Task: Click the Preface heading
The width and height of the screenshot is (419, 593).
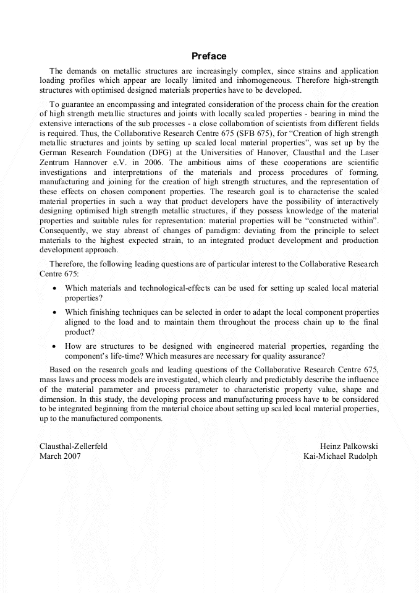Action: click(209, 56)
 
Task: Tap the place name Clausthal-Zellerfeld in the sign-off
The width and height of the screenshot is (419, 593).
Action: click(74, 446)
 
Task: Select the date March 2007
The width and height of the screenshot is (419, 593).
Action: click(60, 456)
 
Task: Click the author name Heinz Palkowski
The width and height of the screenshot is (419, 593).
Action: click(349, 446)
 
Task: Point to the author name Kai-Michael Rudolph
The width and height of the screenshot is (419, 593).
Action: click(341, 456)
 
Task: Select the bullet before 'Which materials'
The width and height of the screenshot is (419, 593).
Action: click(56, 289)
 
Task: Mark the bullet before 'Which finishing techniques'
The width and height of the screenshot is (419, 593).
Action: click(56, 313)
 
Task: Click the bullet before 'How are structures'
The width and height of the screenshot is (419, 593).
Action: click(56, 346)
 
